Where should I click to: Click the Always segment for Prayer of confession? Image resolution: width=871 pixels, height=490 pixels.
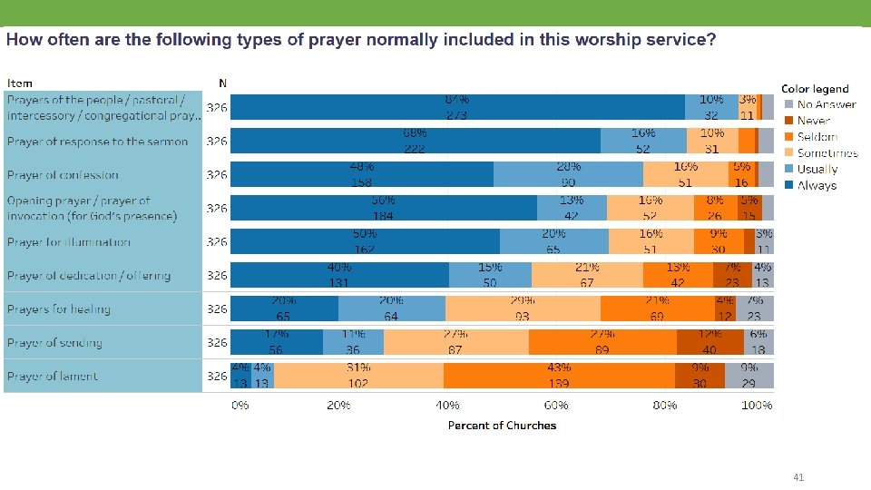coord(362,174)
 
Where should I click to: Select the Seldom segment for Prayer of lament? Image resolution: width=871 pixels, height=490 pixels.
coord(559,376)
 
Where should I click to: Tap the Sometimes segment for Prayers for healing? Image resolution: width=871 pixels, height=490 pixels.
coord(522,309)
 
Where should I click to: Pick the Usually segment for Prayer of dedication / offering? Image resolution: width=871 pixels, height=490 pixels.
coord(490,275)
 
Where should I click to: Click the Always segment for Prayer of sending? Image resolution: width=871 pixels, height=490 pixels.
coord(277,342)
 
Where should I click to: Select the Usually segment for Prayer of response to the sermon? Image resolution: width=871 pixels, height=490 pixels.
coord(643,141)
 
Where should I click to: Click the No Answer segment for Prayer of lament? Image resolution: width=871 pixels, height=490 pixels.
coord(749,376)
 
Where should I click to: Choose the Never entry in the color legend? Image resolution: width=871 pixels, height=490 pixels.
coord(813,121)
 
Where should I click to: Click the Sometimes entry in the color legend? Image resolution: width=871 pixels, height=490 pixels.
coord(827,153)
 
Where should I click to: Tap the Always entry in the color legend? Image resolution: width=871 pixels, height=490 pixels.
coord(817,185)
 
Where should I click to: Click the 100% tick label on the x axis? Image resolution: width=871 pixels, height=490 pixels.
coord(757,406)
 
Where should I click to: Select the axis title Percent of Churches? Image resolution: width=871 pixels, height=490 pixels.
coord(502,425)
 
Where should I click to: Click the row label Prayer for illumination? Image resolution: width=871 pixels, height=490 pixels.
coord(69,242)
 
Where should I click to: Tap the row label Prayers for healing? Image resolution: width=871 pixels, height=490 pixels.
coord(59,309)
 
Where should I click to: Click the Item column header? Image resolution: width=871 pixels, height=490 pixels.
coord(20,83)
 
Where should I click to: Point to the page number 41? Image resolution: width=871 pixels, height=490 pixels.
coord(798,477)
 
